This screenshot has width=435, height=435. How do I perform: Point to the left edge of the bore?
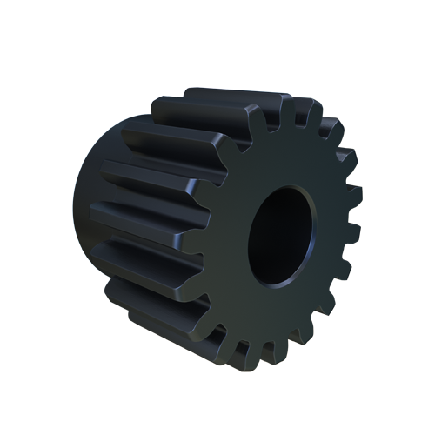pyautogui.click(x=251, y=235)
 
